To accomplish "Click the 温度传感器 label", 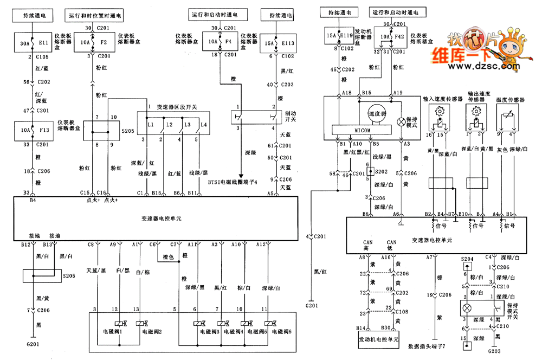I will point(509,100).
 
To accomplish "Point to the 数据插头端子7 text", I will point(428,345).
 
